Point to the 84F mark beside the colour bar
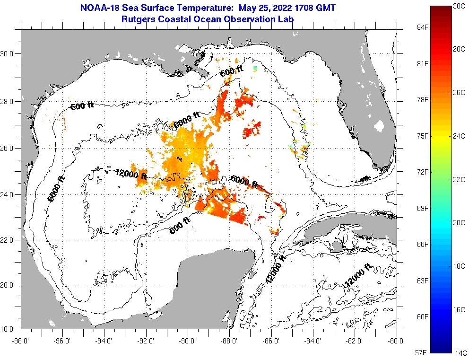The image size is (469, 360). pyautogui.click(x=422, y=27)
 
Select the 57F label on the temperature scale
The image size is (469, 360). pyautogui.click(x=422, y=353)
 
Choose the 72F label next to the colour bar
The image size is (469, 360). pyautogui.click(x=422, y=172)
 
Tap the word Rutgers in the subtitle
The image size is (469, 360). pyautogui.click(x=137, y=19)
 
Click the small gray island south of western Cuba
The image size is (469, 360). pyautogui.click(x=337, y=246)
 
